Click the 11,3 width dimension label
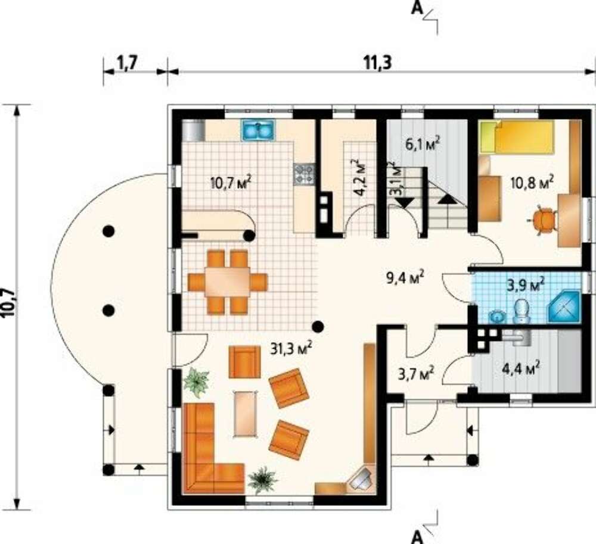[377, 63]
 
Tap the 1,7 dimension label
[126, 64]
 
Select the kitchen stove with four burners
[304, 174]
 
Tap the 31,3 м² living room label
[291, 348]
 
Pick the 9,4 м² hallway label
[405, 278]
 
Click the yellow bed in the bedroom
[516, 137]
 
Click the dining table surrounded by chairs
[227, 282]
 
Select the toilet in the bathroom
[521, 311]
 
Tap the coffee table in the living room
[245, 414]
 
